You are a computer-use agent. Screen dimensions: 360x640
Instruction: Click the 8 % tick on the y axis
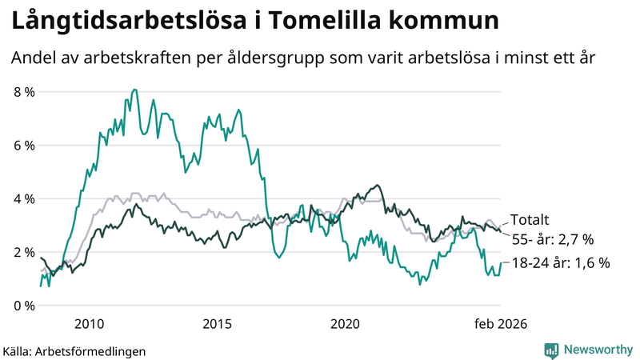(x=24, y=92)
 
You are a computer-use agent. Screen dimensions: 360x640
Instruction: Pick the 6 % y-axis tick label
(x=24, y=146)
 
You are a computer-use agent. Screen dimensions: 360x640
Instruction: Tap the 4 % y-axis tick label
(x=24, y=198)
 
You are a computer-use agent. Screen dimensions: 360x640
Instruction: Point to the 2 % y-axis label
(x=24, y=252)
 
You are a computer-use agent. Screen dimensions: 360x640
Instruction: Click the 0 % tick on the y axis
(x=24, y=306)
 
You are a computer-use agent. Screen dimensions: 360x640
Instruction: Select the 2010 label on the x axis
(x=89, y=324)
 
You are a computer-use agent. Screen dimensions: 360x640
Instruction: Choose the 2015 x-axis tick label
(x=217, y=324)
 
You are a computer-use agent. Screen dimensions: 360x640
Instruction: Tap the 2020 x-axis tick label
(x=345, y=324)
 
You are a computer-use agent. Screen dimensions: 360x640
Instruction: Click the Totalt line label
(x=530, y=220)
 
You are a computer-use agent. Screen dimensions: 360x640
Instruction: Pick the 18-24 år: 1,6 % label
(x=561, y=262)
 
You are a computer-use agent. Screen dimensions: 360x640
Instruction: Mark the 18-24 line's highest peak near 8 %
(x=132, y=90)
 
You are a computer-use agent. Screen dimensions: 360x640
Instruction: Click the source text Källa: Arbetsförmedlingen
(x=74, y=350)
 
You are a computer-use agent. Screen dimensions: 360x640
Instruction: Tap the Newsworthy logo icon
(x=551, y=350)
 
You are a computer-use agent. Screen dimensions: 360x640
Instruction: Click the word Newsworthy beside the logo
(x=597, y=350)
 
